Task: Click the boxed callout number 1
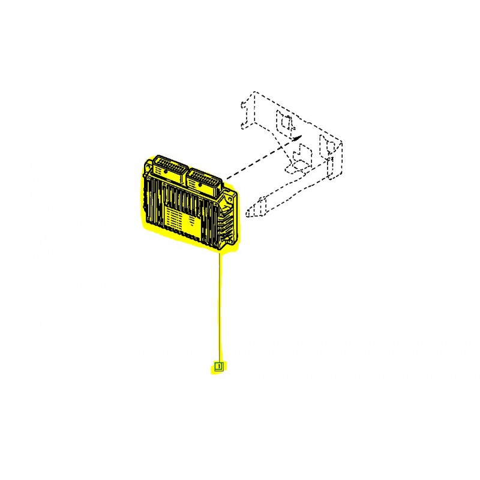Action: pyautogui.click(x=219, y=366)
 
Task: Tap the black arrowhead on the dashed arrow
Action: pyautogui.click(x=297, y=138)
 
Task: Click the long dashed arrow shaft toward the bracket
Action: pyautogui.click(x=260, y=159)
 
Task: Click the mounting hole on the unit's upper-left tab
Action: pyautogui.click(x=148, y=168)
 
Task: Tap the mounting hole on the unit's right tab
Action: pyautogui.click(x=230, y=199)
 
